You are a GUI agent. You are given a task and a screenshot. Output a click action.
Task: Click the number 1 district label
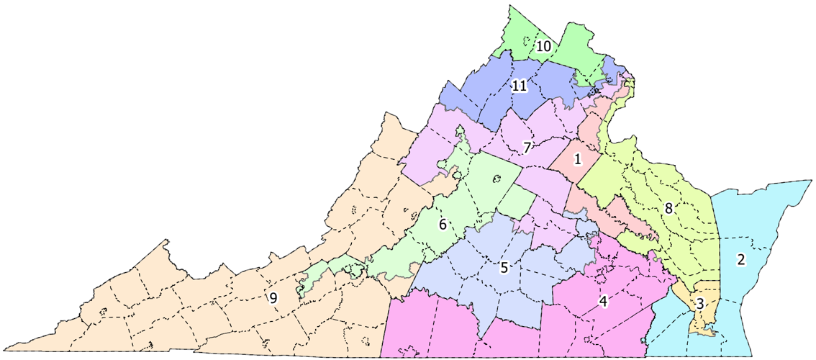point(576,159)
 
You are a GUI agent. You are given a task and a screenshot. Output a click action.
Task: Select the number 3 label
point(699,304)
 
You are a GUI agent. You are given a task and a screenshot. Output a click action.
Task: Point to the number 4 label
point(604,301)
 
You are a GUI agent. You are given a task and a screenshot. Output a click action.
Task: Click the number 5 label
point(504,268)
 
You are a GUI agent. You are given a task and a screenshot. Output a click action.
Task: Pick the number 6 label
point(443,224)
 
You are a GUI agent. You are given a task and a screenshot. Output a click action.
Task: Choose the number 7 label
point(527,148)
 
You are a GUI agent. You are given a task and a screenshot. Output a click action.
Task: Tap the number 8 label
point(668,209)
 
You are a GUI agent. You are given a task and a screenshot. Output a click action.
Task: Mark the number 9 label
point(273,298)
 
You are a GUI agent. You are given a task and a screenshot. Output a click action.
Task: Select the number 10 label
point(544,46)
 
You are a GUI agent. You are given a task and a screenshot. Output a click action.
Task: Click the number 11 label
point(520,86)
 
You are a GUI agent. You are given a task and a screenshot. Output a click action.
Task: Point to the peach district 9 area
point(180,302)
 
